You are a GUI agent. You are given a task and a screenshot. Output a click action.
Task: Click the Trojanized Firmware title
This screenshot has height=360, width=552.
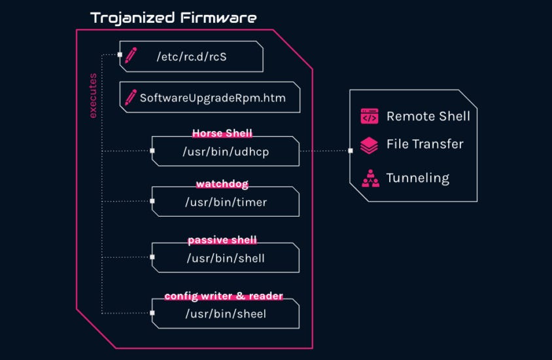pos(173,18)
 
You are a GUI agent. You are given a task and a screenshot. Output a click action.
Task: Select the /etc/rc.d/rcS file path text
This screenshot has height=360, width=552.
pos(192,57)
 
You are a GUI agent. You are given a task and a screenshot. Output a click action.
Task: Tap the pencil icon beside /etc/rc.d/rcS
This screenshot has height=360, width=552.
pos(131,55)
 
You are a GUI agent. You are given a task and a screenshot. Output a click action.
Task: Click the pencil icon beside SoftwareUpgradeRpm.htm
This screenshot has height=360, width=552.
pos(131,98)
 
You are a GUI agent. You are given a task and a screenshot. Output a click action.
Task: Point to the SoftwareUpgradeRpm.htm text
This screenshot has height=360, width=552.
pos(213,98)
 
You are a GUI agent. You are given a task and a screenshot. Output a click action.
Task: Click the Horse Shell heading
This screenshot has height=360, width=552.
pos(222,133)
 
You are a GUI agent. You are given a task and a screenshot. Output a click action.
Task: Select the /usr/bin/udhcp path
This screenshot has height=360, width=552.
pos(226,152)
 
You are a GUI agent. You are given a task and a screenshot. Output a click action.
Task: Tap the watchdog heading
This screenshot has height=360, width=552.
pos(222,183)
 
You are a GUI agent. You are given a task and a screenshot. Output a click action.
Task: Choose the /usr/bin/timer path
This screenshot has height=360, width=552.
pos(226,202)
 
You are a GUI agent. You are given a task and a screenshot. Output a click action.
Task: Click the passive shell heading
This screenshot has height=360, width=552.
pos(222,240)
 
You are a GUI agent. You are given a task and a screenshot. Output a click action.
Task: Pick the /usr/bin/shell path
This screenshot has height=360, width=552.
pos(226,258)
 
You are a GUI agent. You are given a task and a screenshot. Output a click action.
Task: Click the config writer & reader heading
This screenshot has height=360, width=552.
pos(224,296)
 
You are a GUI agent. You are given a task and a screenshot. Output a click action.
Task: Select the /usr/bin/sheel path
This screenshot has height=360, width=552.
pos(226,314)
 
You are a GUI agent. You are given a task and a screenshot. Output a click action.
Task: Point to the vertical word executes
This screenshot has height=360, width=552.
pos(93,96)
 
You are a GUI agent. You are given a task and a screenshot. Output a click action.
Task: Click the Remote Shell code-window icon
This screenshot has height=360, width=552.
pos(370,117)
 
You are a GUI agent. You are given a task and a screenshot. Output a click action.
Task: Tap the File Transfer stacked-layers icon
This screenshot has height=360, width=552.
pos(369,145)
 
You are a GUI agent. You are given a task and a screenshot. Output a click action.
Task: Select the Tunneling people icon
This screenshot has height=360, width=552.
pos(370,178)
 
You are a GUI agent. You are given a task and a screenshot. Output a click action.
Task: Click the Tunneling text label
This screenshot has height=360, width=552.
pos(417,178)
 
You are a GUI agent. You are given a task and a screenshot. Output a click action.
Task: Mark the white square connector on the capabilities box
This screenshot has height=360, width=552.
pos(351,151)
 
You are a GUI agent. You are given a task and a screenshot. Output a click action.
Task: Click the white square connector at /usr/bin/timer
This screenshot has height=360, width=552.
pos(152,201)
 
